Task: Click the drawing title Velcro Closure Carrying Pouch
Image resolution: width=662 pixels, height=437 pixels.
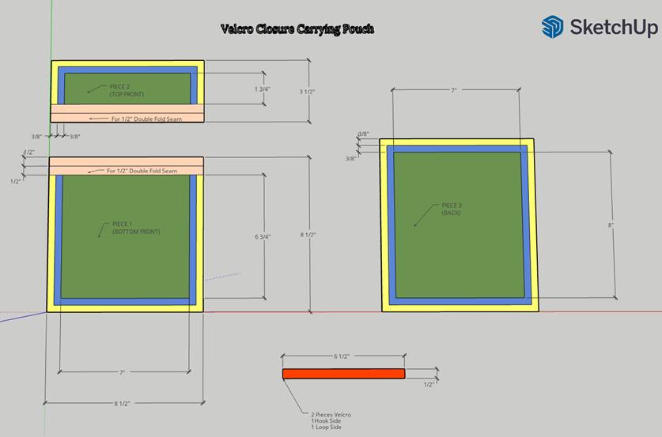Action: click(297, 29)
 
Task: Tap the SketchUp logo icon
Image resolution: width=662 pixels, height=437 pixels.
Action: click(552, 27)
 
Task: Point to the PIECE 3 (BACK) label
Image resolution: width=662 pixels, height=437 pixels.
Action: click(452, 209)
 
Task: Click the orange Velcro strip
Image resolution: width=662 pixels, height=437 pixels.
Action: click(343, 374)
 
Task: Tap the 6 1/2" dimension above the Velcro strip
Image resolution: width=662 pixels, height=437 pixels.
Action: click(341, 357)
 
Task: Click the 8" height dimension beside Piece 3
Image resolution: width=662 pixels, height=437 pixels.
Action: click(611, 225)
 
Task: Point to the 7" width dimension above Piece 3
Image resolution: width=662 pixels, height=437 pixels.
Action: click(454, 92)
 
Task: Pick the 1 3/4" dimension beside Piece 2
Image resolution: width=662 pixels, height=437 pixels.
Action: click(262, 89)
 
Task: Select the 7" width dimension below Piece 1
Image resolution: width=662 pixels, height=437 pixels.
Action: click(123, 372)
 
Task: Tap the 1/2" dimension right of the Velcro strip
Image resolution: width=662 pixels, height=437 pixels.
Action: click(429, 384)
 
